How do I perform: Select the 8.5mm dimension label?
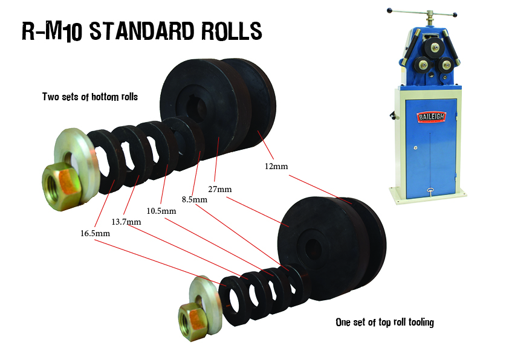click(x=195, y=199)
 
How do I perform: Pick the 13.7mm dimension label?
click(x=126, y=222)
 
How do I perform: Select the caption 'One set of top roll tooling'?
click(x=384, y=322)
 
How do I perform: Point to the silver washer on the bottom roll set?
click(x=75, y=154)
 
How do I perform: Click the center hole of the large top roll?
click(x=314, y=248)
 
